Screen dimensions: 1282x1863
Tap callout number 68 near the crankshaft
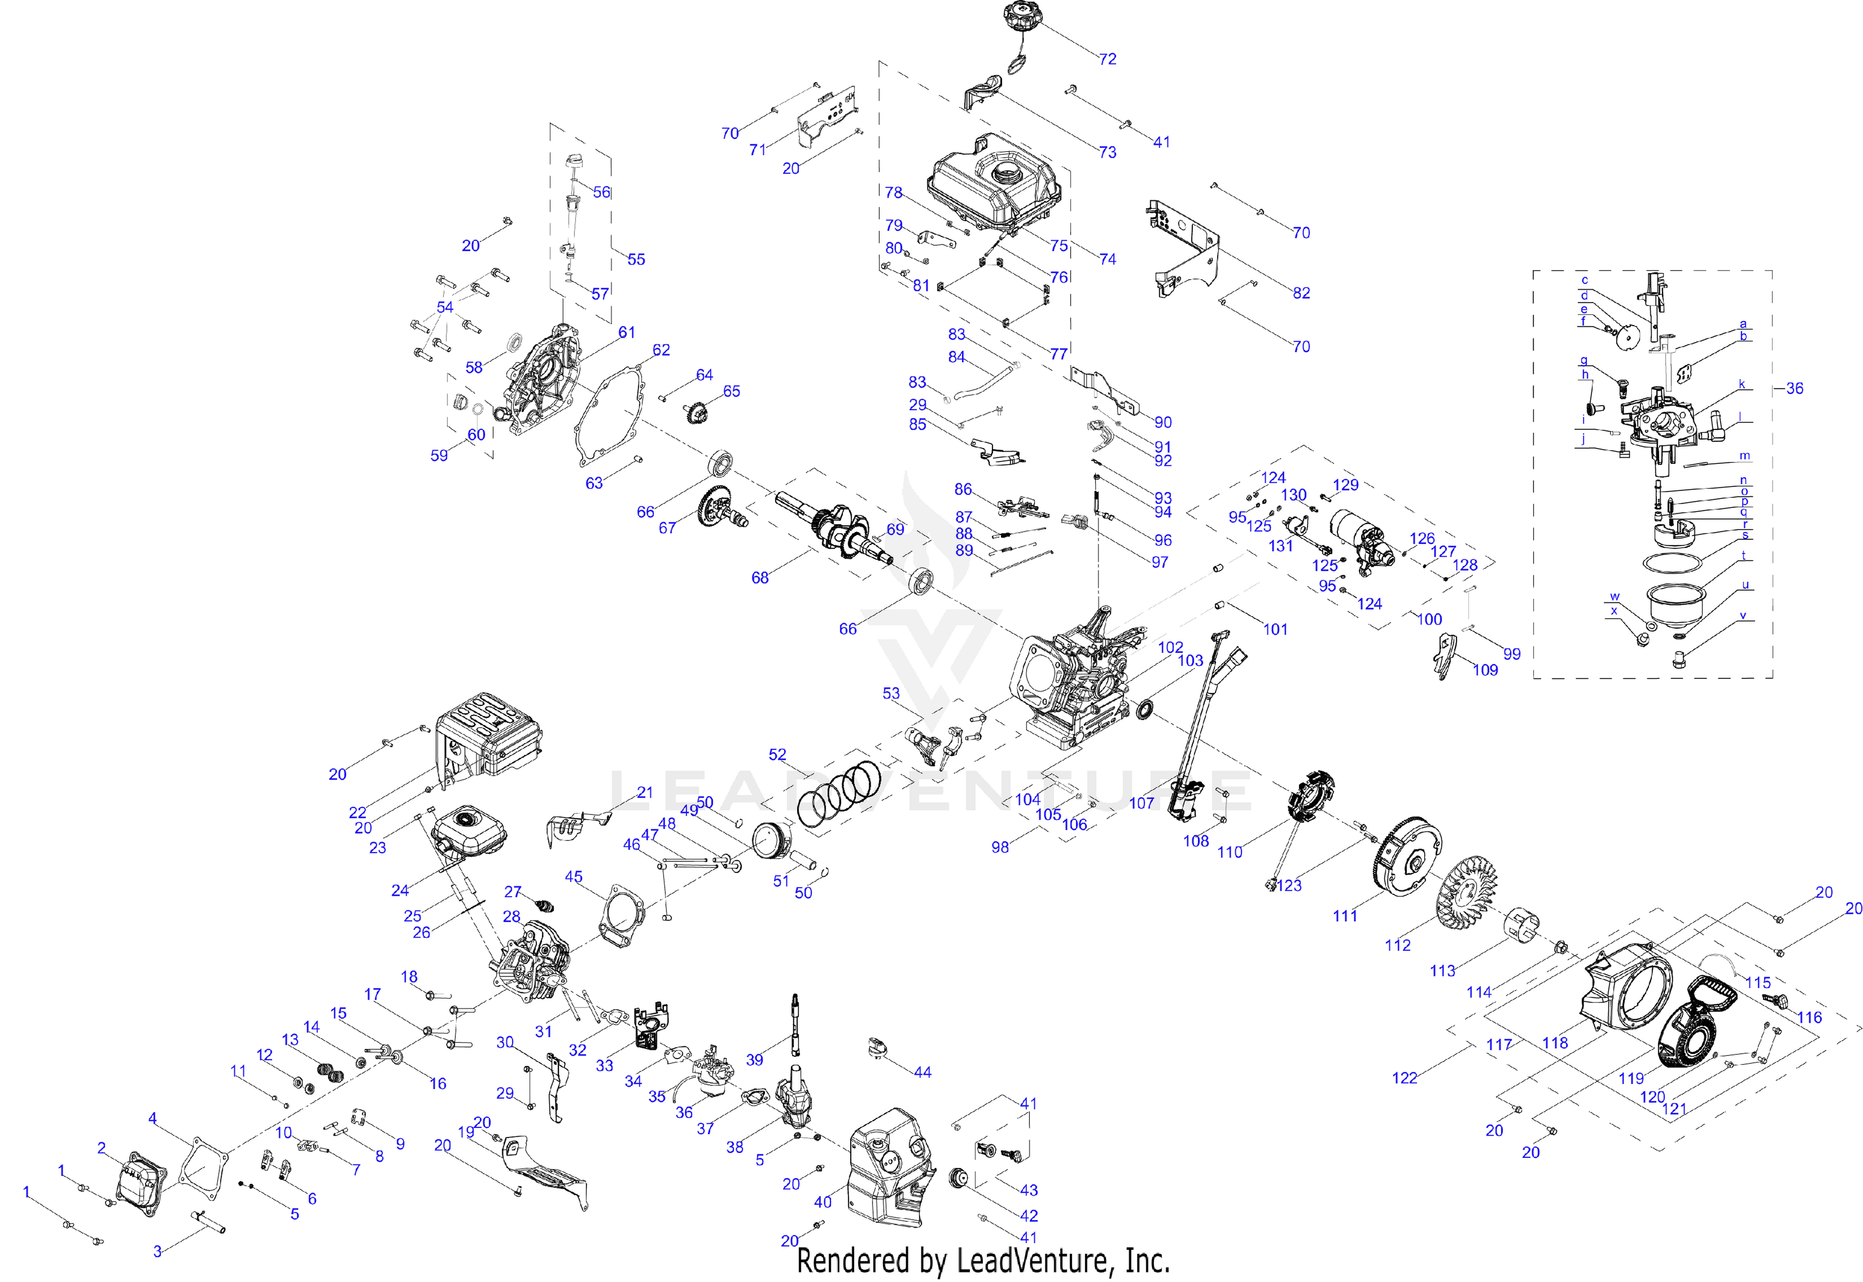759,578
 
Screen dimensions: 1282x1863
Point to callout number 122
1404,1078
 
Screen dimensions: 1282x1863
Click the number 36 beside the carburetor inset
1794,389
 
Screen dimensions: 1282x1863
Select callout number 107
1141,803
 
